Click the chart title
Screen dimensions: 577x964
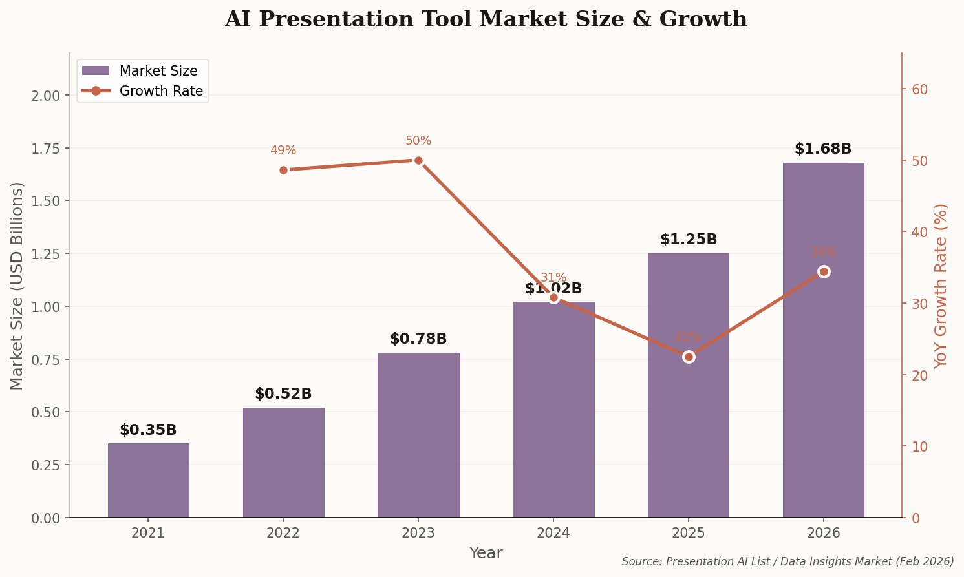click(486, 19)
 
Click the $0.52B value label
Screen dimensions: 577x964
click(283, 394)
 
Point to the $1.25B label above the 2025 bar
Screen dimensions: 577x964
click(689, 240)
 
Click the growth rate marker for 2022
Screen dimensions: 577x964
click(283, 170)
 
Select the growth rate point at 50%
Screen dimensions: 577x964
click(418, 160)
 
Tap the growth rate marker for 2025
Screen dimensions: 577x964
click(689, 357)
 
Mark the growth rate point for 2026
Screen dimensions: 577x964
click(824, 271)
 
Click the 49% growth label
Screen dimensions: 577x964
click(283, 151)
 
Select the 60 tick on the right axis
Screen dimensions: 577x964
click(919, 89)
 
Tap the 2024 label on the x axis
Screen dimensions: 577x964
click(553, 533)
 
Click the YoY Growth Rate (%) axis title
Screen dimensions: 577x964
click(941, 286)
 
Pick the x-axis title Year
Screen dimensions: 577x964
click(486, 553)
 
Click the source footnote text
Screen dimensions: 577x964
click(787, 561)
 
